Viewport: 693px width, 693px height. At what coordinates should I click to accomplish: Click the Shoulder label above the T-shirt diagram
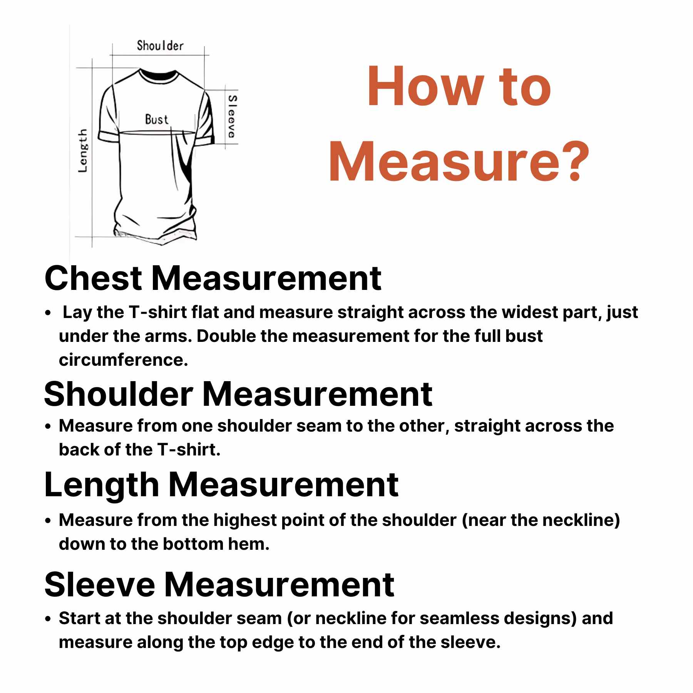(x=160, y=46)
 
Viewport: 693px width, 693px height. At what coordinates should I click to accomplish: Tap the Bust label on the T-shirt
(x=157, y=119)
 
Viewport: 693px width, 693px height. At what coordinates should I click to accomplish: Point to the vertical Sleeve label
(x=232, y=117)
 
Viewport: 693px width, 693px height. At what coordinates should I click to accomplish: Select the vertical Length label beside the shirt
(x=83, y=151)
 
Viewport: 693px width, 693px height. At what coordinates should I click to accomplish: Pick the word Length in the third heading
(x=102, y=485)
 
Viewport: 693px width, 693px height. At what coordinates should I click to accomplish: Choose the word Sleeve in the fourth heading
(x=100, y=584)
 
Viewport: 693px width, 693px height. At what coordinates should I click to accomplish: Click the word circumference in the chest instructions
(x=123, y=360)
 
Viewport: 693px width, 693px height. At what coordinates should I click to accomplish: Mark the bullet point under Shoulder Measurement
(x=48, y=427)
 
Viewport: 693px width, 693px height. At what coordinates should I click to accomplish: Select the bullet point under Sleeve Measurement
(x=48, y=619)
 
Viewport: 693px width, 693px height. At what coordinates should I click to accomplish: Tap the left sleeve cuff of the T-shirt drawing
(x=109, y=136)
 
